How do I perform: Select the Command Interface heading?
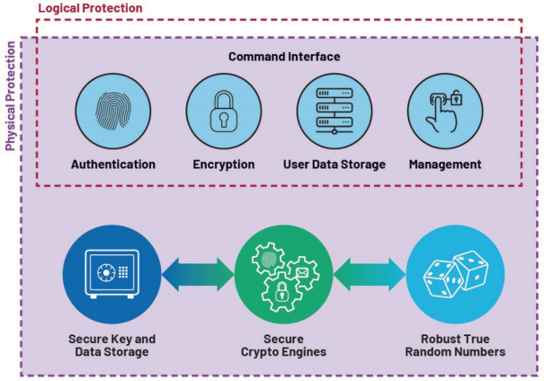click(283, 57)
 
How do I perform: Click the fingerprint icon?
click(112, 111)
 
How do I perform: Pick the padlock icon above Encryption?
click(223, 111)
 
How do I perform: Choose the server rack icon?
click(334, 111)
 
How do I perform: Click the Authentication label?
click(113, 164)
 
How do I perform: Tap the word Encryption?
click(224, 164)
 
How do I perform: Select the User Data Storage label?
click(334, 164)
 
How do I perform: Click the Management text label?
click(444, 164)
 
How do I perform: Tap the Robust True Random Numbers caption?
click(456, 345)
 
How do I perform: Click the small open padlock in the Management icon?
click(458, 97)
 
